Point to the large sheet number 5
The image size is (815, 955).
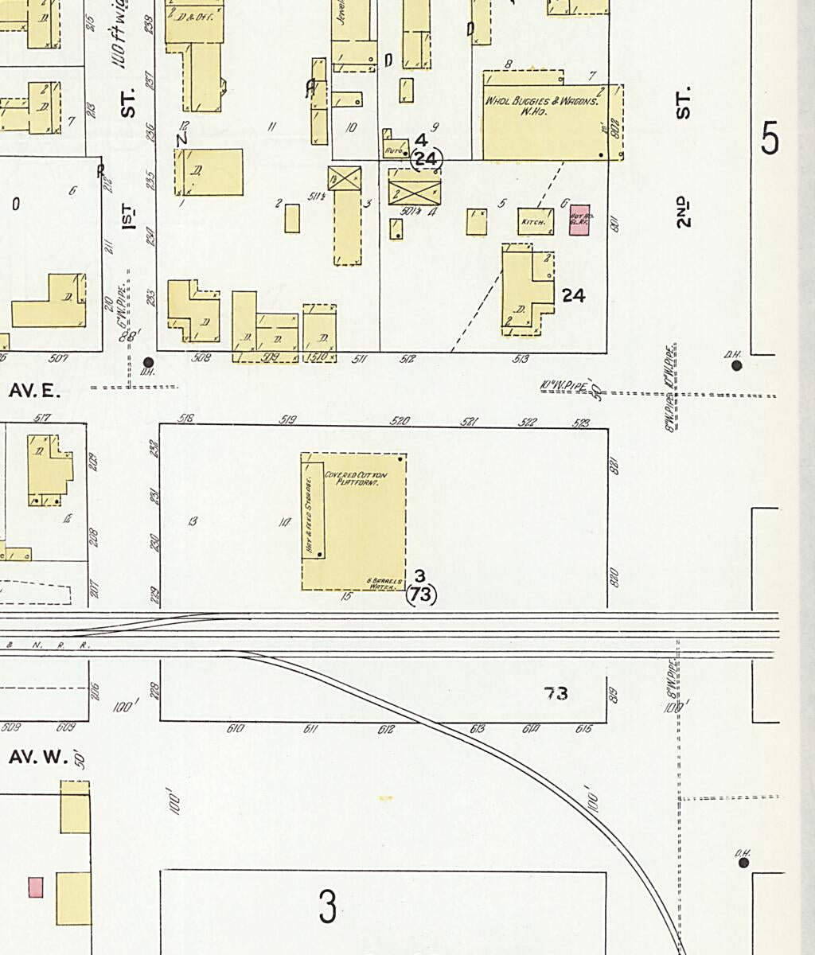(770, 139)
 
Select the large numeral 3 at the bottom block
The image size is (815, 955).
(327, 906)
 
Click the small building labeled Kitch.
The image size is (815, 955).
(535, 222)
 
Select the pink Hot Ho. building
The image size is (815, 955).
(579, 220)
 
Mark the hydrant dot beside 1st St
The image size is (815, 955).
(147, 362)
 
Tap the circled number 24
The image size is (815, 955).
(426, 159)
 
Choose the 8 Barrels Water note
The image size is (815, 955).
(380, 583)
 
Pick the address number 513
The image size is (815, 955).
(521, 359)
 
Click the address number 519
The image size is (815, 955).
(288, 419)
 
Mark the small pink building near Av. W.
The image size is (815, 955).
(35, 887)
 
